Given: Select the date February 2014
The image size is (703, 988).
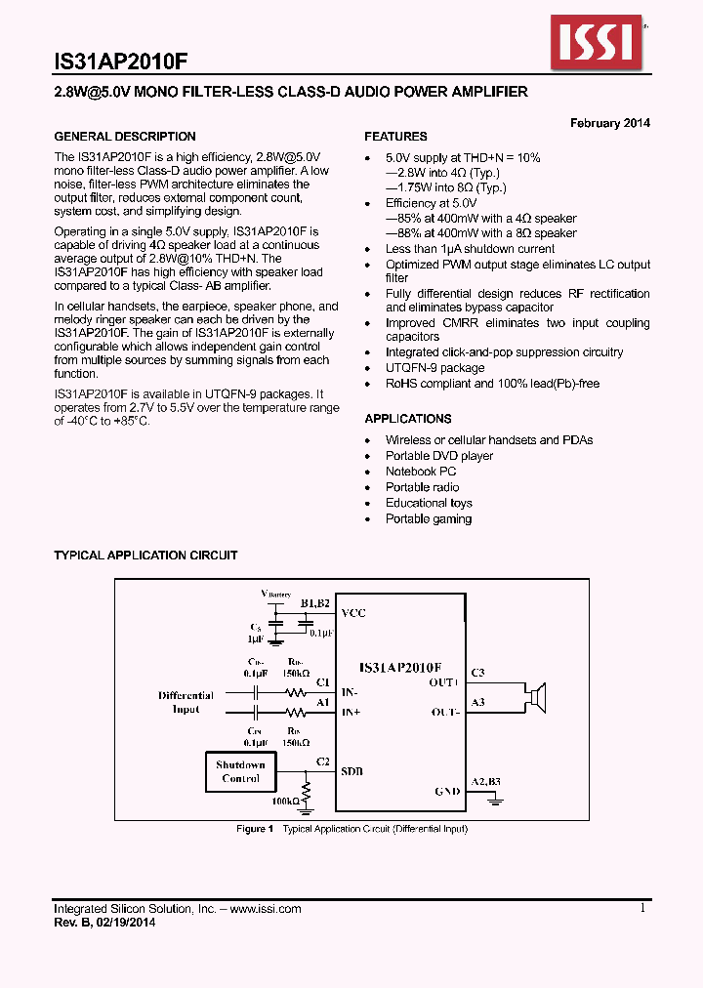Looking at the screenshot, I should (610, 123).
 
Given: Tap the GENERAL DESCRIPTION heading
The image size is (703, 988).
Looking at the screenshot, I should (125, 137).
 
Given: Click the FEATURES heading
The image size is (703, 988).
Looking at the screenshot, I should (395, 137).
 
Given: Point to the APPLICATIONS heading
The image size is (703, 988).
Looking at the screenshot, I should (407, 419).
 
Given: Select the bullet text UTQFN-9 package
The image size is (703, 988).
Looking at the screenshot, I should (434, 368).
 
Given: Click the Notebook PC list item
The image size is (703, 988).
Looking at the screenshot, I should (421, 472).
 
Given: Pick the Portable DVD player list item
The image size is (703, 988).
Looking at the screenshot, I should (439, 456).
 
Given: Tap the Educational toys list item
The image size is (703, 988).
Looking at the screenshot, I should (429, 503).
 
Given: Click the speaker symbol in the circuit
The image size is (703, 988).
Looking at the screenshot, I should (534, 698).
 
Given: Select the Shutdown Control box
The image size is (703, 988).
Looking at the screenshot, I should (240, 771).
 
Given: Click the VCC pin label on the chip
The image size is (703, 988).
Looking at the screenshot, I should (352, 613).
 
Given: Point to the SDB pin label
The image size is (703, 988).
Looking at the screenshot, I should (351, 771).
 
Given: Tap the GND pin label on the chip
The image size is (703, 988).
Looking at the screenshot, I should (447, 791).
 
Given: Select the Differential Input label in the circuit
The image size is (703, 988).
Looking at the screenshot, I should (186, 702).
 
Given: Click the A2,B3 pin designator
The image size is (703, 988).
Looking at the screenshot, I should (485, 782).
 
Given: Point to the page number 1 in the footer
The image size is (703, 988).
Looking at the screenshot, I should (642, 908).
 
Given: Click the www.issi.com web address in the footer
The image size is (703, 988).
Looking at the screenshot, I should (266, 909).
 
